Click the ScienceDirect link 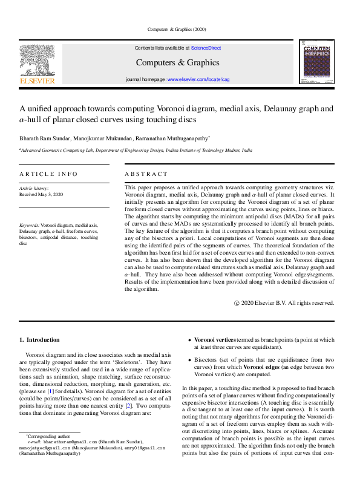(x=207, y=48)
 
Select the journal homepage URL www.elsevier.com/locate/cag (x=198, y=80)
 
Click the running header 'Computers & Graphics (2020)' (x=180, y=29)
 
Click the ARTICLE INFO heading (x=48, y=174)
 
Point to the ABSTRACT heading (x=146, y=174)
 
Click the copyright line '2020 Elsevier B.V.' (x=287, y=302)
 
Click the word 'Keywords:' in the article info (x=29, y=225)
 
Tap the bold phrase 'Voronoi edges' (x=262, y=367)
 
